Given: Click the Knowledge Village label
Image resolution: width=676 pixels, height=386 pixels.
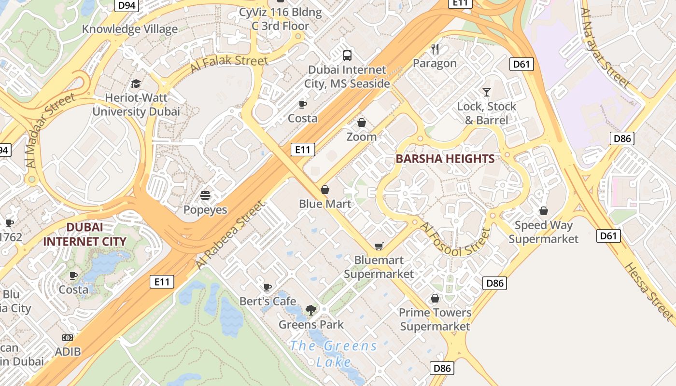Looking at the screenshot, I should pyautogui.click(x=129, y=29).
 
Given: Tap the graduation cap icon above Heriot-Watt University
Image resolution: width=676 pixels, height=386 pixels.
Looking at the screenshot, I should pyautogui.click(x=136, y=84).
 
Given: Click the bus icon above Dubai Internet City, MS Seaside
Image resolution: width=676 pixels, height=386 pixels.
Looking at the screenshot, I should pyautogui.click(x=347, y=55).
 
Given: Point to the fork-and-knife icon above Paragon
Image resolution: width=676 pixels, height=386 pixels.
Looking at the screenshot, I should pyautogui.click(x=435, y=49).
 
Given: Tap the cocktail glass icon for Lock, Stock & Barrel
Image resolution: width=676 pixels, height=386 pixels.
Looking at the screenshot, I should pyautogui.click(x=487, y=92).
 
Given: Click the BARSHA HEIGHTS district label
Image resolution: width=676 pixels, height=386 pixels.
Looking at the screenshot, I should pyautogui.click(x=445, y=159).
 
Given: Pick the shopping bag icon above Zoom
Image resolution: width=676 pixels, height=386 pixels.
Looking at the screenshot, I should pyautogui.click(x=361, y=123).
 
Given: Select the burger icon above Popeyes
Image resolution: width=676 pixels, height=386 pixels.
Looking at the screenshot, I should pyautogui.click(x=205, y=195).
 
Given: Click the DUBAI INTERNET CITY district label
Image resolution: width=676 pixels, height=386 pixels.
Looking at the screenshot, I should pyautogui.click(x=85, y=234).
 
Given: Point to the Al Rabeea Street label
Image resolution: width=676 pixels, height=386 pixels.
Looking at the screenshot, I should pyautogui.click(x=231, y=235).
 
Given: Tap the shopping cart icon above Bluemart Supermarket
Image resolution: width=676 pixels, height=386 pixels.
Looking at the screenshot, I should pyautogui.click(x=379, y=247).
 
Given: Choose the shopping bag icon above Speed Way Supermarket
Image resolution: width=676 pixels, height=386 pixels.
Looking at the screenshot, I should pyautogui.click(x=544, y=211).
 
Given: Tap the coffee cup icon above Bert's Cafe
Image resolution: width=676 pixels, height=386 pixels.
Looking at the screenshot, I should pyautogui.click(x=268, y=287).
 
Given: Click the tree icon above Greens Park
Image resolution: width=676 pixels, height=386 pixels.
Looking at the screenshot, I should pyautogui.click(x=311, y=310).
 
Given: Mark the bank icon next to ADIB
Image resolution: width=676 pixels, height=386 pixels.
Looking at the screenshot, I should pyautogui.click(x=68, y=338).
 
